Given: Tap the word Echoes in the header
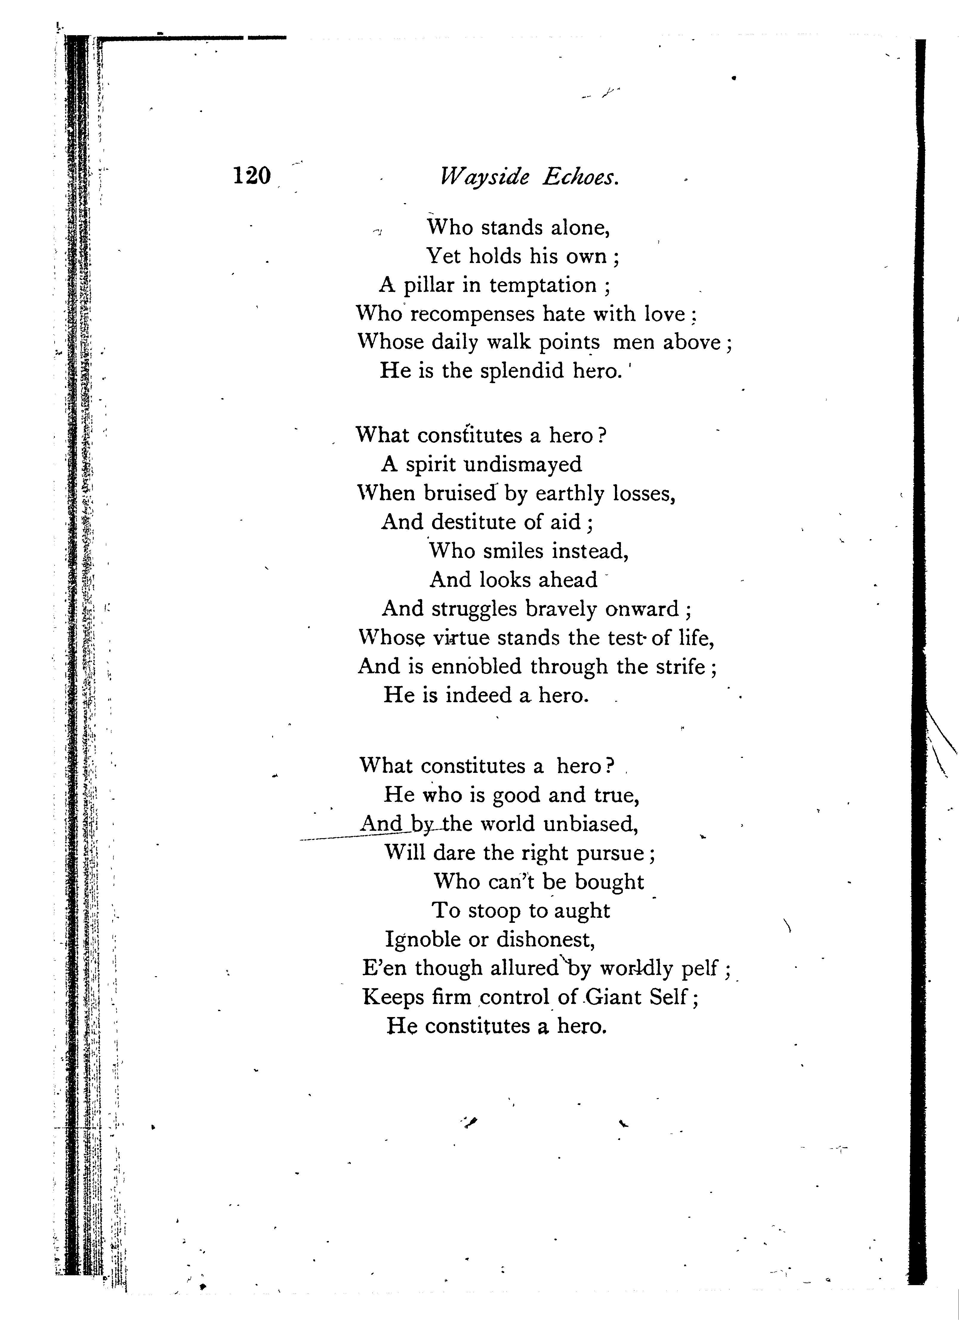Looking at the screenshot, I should pyautogui.click(x=581, y=176).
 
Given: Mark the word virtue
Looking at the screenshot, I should pyautogui.click(x=461, y=638).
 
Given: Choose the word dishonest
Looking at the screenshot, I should pyautogui.click(x=545, y=939).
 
